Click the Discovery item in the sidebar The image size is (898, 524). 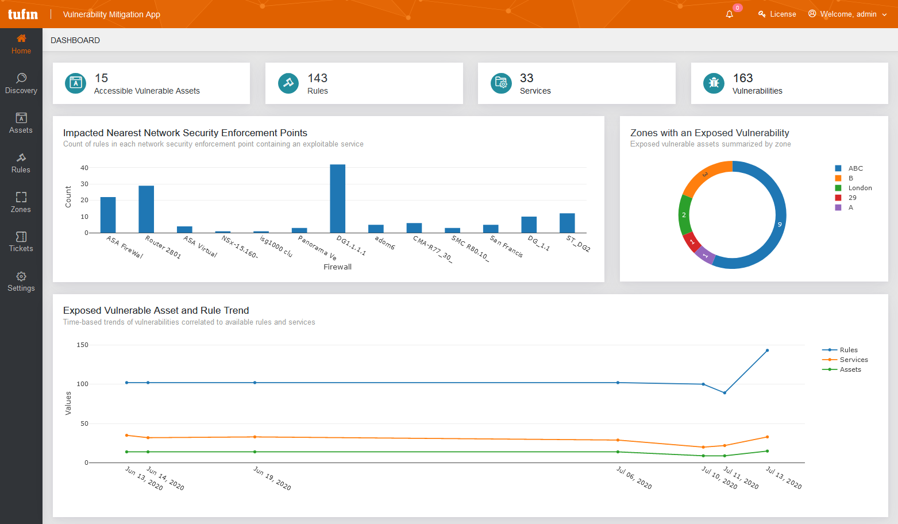pyautogui.click(x=21, y=83)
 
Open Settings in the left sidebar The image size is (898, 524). pyautogui.click(x=21, y=282)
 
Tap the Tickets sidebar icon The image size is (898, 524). pyautogui.click(x=21, y=242)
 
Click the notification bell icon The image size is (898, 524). pyautogui.click(x=730, y=14)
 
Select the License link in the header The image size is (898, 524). pyautogui.click(x=777, y=14)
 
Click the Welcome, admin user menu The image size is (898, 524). pyautogui.click(x=847, y=14)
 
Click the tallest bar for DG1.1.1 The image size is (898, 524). pyautogui.click(x=338, y=198)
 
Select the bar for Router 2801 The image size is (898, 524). pyautogui.click(x=147, y=209)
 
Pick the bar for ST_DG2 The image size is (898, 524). pyautogui.click(x=567, y=223)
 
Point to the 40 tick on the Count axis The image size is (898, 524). pyautogui.click(x=84, y=168)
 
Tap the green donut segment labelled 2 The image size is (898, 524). pyautogui.click(x=684, y=215)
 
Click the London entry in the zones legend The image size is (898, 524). pyautogui.click(x=860, y=188)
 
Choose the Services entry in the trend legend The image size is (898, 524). pyautogui.click(x=853, y=360)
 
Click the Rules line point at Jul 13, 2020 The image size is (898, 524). pyautogui.click(x=767, y=350)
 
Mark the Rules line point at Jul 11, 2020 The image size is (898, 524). pyautogui.click(x=724, y=393)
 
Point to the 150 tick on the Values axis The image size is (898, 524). pyautogui.click(x=82, y=345)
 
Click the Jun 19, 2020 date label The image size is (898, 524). pyautogui.click(x=272, y=479)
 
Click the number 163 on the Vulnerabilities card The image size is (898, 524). pyautogui.click(x=743, y=78)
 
